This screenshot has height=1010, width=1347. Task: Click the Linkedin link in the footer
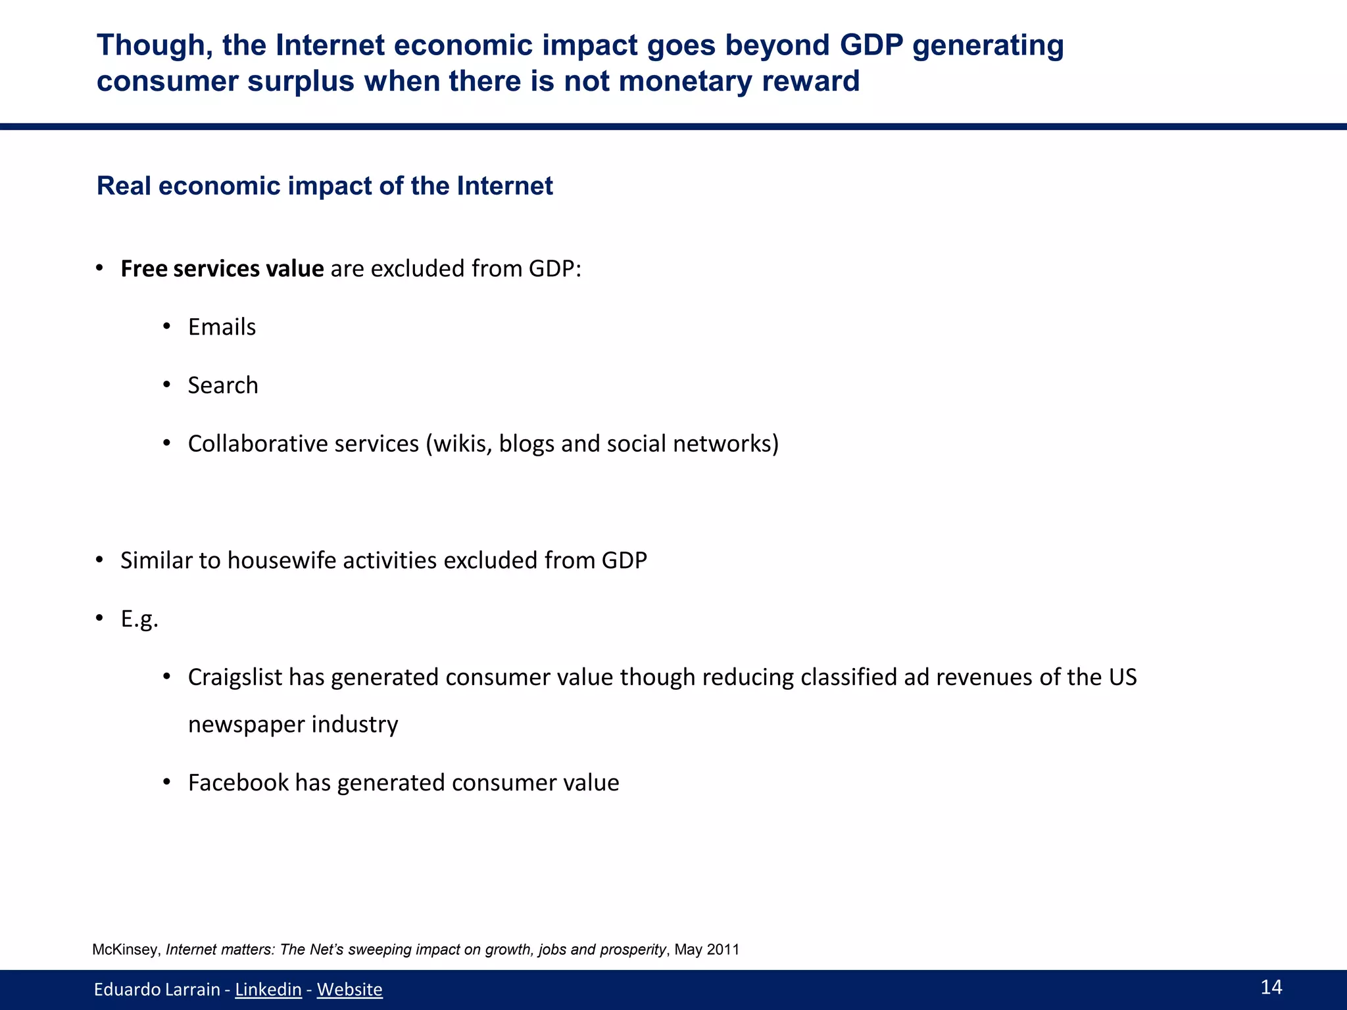click(x=268, y=989)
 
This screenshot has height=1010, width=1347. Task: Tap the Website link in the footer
click(x=349, y=989)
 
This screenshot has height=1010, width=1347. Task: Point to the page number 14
click(x=1271, y=986)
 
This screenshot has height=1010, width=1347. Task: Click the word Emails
click(x=222, y=327)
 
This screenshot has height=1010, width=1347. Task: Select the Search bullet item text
click(x=223, y=385)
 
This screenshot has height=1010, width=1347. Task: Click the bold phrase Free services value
click(x=222, y=269)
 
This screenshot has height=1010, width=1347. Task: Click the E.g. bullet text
click(x=139, y=619)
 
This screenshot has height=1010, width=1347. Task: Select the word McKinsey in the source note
click(x=126, y=950)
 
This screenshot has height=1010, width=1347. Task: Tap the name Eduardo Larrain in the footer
click(x=157, y=989)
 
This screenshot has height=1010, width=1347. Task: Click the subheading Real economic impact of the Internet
click(x=324, y=186)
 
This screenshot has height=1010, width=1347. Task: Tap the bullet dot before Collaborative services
click(x=167, y=443)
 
